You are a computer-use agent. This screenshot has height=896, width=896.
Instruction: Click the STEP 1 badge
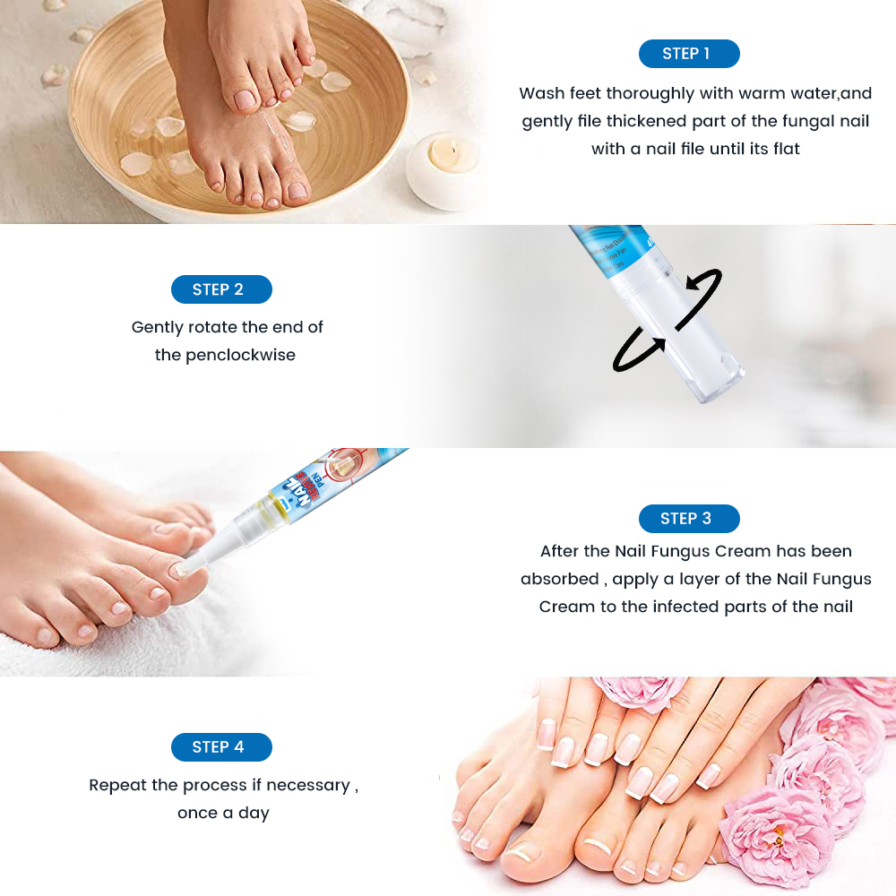click(688, 54)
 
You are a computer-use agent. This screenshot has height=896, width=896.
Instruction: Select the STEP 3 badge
click(688, 519)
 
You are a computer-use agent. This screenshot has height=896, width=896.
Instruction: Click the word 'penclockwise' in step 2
click(240, 355)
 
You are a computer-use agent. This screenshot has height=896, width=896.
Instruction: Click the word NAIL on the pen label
click(306, 488)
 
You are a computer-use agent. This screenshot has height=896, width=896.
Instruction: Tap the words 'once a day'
click(223, 813)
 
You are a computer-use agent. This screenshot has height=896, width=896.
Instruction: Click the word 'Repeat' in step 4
click(122, 785)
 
